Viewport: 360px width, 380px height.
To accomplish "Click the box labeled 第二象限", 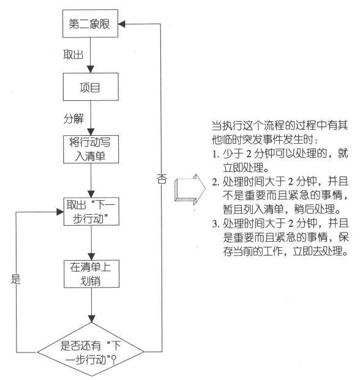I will (91, 26).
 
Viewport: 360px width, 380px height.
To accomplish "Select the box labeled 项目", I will (91, 87).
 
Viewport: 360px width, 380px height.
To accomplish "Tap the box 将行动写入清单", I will (91, 149).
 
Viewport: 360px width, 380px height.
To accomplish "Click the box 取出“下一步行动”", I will (91, 210).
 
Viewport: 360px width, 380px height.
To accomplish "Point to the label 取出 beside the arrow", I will (73, 56).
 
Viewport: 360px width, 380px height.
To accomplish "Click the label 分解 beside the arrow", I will (73, 117).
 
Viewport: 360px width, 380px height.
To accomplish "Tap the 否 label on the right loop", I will (162, 179).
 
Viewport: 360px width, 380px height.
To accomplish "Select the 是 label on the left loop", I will (17, 281).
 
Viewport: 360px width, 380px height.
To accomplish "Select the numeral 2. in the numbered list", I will (216, 182).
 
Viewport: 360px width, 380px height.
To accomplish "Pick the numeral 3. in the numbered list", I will (216, 223).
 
